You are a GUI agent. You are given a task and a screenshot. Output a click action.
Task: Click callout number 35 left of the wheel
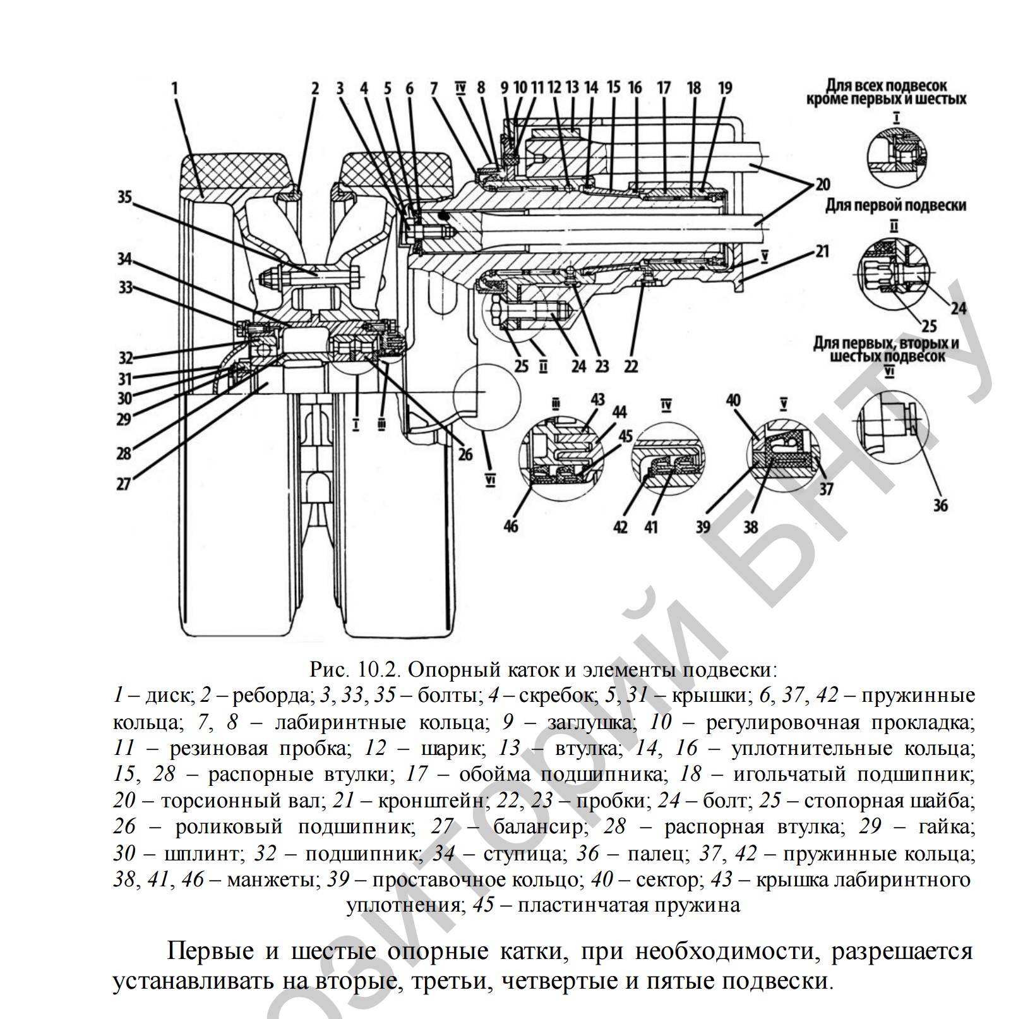[124, 198]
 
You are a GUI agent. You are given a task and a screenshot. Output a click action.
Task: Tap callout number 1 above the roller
[175, 88]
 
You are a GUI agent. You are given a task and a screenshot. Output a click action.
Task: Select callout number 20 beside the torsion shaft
[822, 184]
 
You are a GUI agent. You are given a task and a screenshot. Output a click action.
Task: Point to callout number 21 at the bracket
[822, 251]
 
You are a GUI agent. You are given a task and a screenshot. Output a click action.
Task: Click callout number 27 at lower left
[124, 484]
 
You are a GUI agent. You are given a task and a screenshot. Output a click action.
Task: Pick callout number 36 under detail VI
[940, 505]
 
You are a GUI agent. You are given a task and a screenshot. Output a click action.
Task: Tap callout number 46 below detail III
[511, 524]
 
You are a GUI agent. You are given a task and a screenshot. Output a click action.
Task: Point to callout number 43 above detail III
[597, 400]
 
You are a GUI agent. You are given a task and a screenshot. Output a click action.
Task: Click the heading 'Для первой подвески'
[896, 205]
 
